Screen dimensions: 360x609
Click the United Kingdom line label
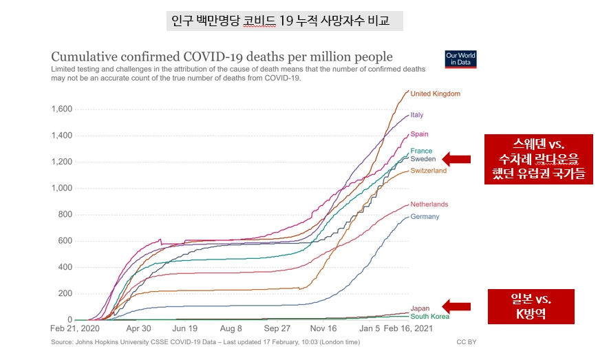(435, 94)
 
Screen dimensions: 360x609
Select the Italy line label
(417, 115)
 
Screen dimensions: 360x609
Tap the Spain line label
(420, 134)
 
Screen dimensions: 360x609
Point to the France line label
(421, 151)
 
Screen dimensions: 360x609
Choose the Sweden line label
(423, 159)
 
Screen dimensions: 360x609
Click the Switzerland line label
(428, 171)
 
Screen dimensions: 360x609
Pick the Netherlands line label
(429, 204)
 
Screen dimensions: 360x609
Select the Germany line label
(425, 217)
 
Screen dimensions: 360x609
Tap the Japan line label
(420, 308)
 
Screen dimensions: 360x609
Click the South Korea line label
(429, 317)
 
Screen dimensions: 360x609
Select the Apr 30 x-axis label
(138, 329)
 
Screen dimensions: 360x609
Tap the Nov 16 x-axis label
(322, 329)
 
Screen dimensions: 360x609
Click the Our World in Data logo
(460, 59)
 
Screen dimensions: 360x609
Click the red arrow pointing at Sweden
(456, 159)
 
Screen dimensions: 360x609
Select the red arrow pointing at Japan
(456, 306)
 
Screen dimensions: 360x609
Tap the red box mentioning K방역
(531, 308)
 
